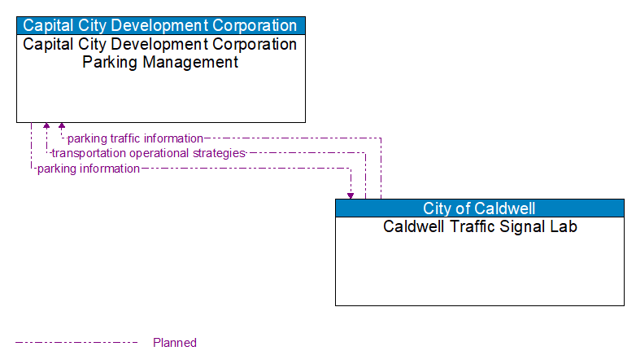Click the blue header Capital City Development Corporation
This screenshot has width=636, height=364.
point(160,25)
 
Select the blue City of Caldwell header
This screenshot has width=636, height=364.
point(479,208)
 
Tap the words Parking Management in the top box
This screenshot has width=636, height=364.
point(160,62)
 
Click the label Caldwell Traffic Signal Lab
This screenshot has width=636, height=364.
point(480,226)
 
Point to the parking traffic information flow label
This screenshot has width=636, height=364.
point(135,138)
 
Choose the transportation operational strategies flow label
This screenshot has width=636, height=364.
point(148,153)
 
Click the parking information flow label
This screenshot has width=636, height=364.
point(88,169)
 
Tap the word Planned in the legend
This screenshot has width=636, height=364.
point(175,343)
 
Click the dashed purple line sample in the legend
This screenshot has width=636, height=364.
point(76,343)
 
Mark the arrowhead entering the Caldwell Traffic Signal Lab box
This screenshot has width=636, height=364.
point(351,195)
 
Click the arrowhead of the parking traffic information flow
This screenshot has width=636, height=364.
point(62,127)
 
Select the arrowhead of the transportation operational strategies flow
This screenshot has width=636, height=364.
point(46,127)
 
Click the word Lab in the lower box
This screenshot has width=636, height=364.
point(564,226)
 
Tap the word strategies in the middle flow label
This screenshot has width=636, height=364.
point(216,153)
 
